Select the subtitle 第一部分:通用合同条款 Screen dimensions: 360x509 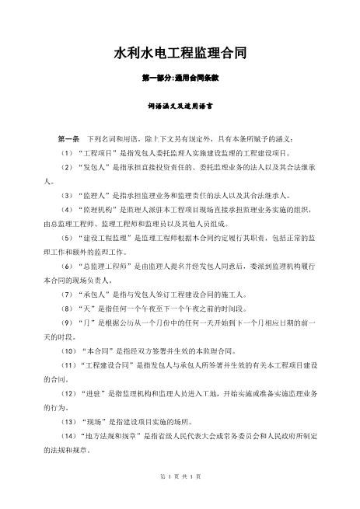(180, 78)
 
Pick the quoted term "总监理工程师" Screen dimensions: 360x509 (107, 267)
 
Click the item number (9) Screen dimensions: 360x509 (67, 325)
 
